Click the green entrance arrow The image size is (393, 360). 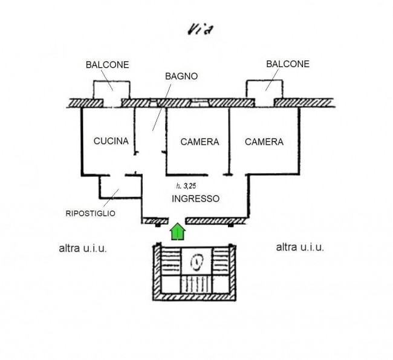[x=178, y=231]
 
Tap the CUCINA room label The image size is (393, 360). [x=111, y=141]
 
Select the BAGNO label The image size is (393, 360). [x=181, y=76]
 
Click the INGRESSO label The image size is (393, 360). [x=195, y=198]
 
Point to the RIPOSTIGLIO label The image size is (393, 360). [x=91, y=214]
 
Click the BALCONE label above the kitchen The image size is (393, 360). [x=107, y=65]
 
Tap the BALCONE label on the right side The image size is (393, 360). [x=288, y=64]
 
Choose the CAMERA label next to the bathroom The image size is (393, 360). [x=200, y=142]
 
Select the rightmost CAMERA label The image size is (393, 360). [x=264, y=142]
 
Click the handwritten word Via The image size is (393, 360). [x=201, y=30]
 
